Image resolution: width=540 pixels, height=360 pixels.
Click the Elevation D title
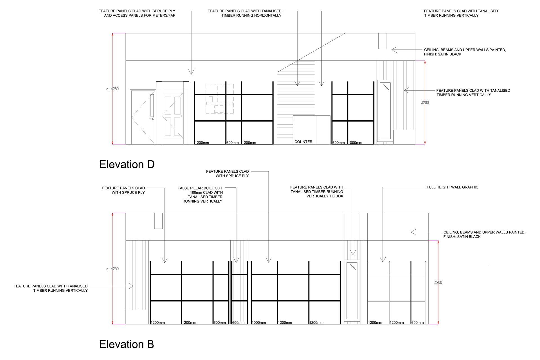click(x=127, y=164)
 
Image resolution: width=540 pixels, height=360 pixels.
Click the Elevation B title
click(x=127, y=344)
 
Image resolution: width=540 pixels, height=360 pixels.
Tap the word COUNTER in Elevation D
click(x=303, y=142)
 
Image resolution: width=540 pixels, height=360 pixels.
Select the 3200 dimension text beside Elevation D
click(x=425, y=103)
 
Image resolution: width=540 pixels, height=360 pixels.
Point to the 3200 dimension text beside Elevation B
click(x=438, y=282)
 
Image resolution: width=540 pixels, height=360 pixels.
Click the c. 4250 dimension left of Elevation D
click(x=112, y=89)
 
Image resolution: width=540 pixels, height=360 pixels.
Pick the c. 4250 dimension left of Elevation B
click(x=112, y=269)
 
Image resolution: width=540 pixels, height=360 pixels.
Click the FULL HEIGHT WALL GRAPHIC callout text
click(x=452, y=187)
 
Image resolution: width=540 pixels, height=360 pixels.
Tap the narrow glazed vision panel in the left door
click(x=152, y=105)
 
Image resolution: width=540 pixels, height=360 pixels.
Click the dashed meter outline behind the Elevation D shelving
click(x=219, y=99)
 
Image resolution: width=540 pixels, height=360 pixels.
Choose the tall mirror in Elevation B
click(x=352, y=291)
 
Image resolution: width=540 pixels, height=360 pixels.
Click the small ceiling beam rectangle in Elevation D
click(x=382, y=41)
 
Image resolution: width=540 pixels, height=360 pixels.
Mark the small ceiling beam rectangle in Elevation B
click(x=158, y=221)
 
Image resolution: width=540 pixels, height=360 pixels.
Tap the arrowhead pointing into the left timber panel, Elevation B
click(x=132, y=286)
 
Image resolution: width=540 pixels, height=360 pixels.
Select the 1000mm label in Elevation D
click(x=355, y=143)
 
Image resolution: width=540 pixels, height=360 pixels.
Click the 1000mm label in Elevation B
click(x=259, y=323)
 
